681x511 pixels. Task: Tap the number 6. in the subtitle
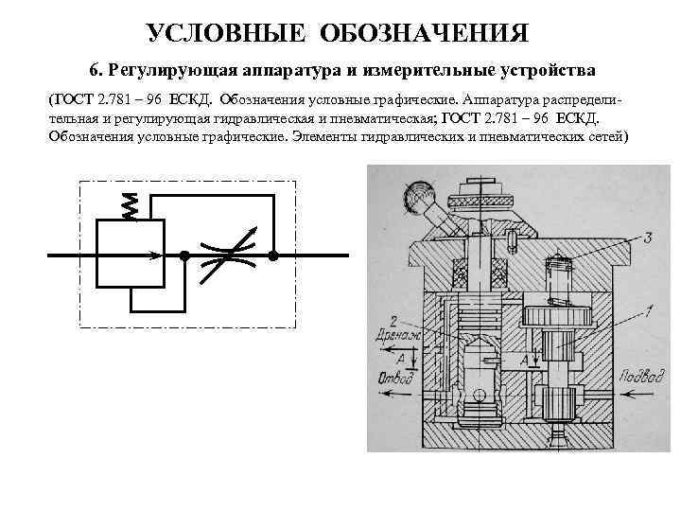tap(96, 71)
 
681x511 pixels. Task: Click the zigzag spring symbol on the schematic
tap(131, 207)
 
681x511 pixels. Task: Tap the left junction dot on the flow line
tap(186, 255)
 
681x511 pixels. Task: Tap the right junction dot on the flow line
tap(273, 255)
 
